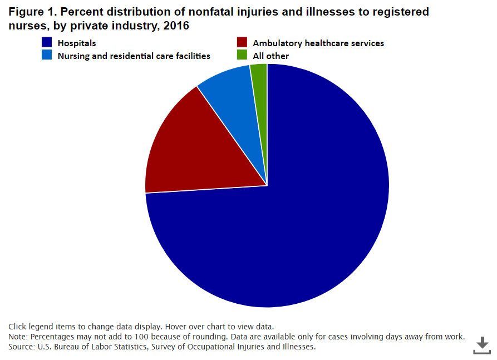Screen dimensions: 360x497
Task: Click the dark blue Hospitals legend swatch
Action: [x=47, y=43]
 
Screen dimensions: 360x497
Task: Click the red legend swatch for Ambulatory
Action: [x=242, y=43]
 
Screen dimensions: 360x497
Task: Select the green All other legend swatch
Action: [x=242, y=56]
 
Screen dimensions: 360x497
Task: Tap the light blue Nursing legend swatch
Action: [x=47, y=56]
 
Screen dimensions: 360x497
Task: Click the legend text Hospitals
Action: [x=77, y=43]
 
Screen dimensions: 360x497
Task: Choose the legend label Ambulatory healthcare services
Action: [x=318, y=43]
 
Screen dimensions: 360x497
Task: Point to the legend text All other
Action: [x=271, y=56]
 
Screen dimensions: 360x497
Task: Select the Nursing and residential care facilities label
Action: [x=134, y=56]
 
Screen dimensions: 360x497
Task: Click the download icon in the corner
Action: [x=482, y=344]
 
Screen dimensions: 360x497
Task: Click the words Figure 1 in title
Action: [x=29, y=12]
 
